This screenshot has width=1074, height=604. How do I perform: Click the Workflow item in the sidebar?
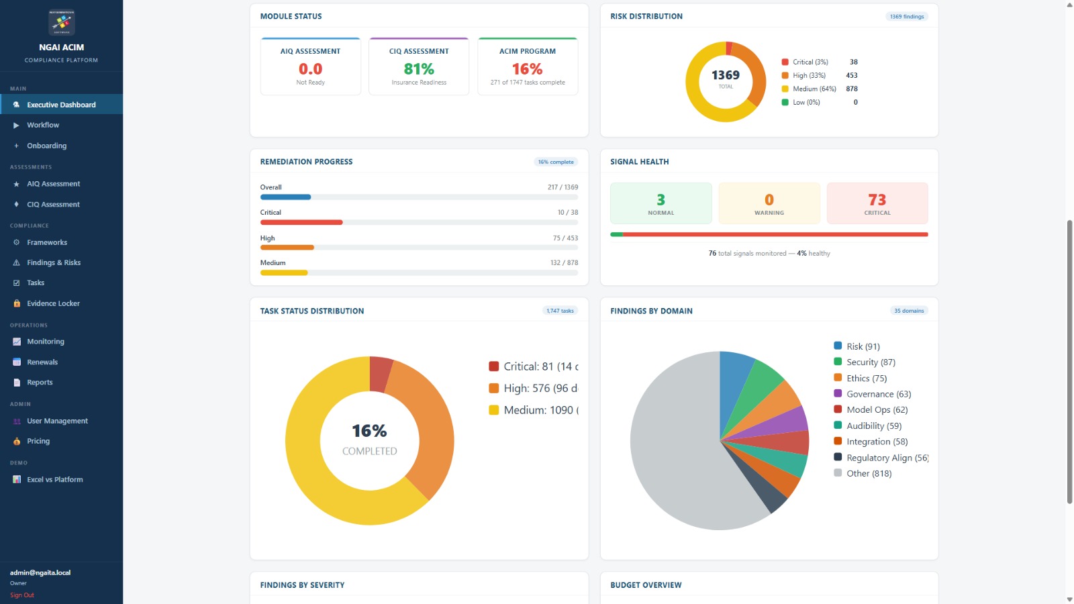[43, 125]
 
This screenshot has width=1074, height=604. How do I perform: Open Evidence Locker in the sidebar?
[53, 304]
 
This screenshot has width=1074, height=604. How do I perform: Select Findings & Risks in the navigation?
[53, 263]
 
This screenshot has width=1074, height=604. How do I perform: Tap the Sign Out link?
[22, 595]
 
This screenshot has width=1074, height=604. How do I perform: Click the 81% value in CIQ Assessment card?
[419, 69]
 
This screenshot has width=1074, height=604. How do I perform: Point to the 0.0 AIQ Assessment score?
[310, 69]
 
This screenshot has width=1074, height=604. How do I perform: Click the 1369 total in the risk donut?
[726, 76]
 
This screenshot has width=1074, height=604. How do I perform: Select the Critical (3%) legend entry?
[810, 62]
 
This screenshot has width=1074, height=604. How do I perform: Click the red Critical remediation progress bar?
[301, 222]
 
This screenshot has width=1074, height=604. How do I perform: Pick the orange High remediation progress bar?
[287, 248]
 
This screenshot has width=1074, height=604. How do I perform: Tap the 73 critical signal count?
[877, 200]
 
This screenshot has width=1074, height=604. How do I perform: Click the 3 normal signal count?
[661, 200]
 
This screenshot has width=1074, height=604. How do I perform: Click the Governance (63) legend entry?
[878, 395]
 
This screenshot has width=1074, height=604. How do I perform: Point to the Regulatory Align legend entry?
[886, 458]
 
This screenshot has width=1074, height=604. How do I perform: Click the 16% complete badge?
[556, 162]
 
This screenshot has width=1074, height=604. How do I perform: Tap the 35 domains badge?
[909, 311]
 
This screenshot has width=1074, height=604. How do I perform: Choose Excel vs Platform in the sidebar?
[54, 480]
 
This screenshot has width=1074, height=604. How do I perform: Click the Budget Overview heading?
[646, 585]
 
